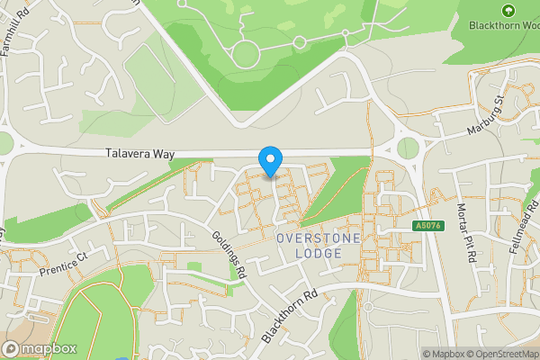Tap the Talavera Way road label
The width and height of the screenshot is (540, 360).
[138, 154]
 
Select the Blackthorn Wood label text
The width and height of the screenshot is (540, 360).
[505, 25]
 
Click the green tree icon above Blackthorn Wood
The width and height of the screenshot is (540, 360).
[508, 10]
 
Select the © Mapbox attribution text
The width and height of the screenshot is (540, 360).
[440, 354]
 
